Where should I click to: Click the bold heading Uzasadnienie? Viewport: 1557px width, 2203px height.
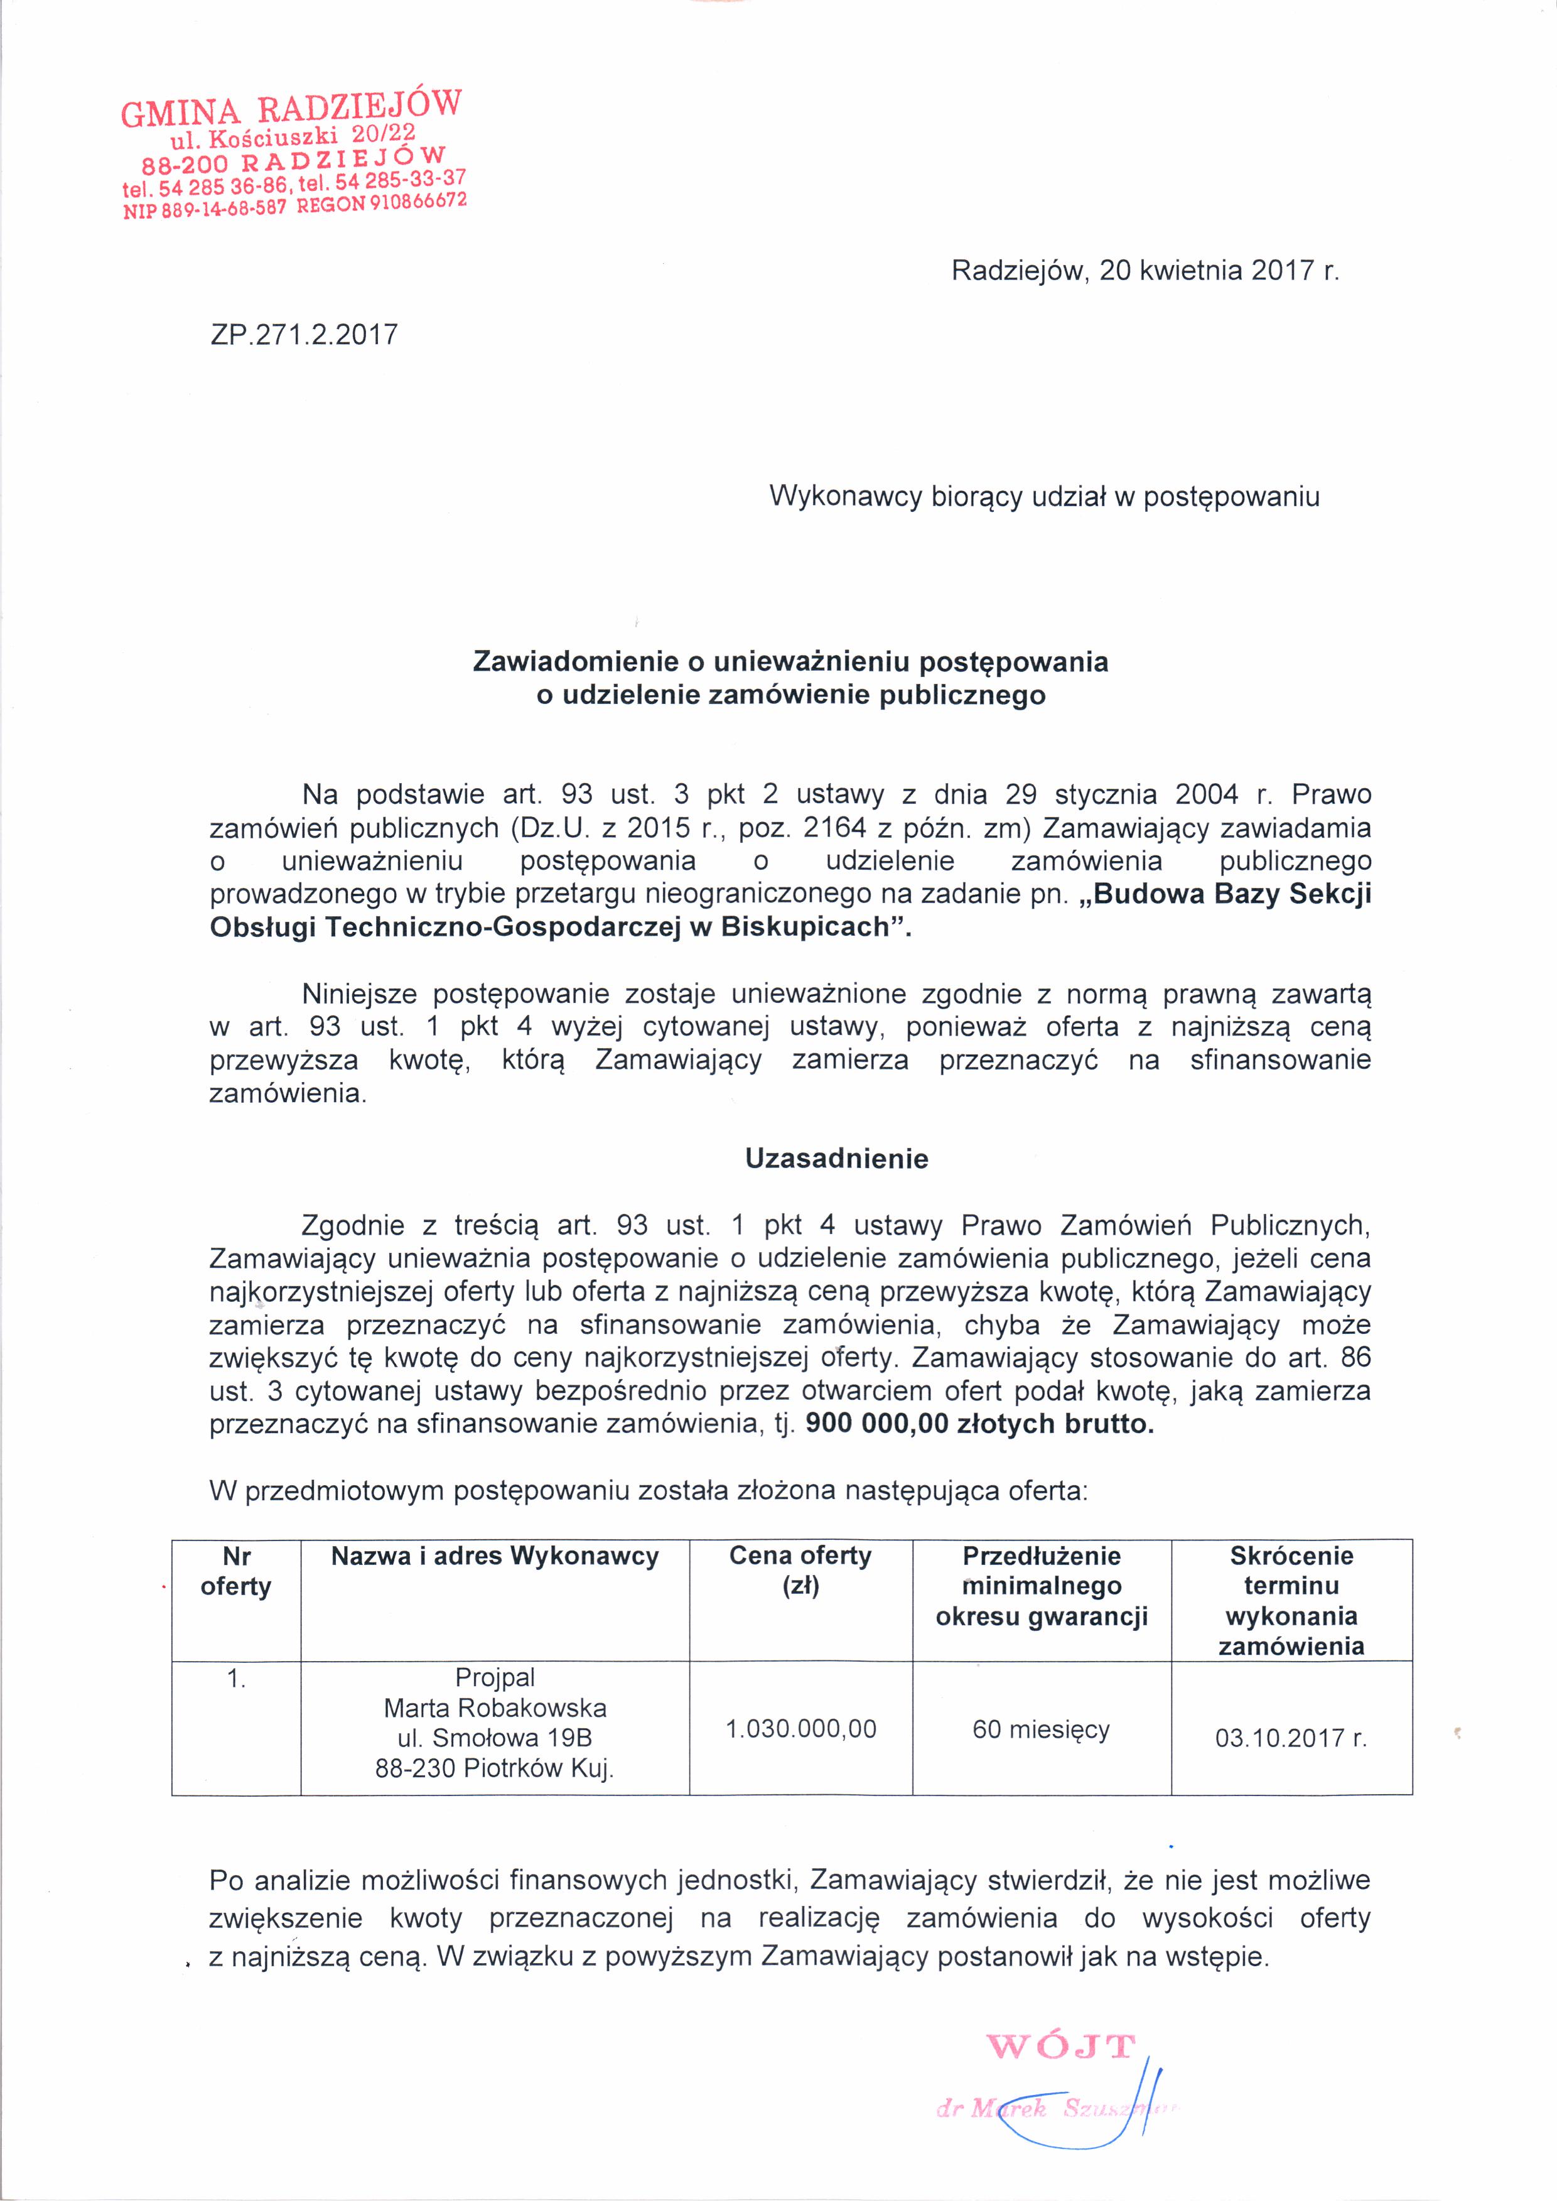(x=836, y=1159)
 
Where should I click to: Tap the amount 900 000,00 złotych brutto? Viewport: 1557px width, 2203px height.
(x=979, y=1424)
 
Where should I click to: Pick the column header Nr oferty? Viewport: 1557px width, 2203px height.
(x=236, y=1571)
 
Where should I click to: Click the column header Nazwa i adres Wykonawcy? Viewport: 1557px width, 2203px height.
(x=495, y=1556)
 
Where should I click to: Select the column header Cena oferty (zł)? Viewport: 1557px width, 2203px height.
(x=800, y=1571)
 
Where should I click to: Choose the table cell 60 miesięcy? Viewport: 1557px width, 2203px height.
(x=1041, y=1729)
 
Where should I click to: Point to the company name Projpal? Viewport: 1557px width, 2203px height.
(x=495, y=1677)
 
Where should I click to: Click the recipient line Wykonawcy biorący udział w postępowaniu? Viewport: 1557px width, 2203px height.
(x=1045, y=497)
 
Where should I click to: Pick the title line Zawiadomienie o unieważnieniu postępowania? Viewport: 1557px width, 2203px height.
(x=790, y=662)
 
